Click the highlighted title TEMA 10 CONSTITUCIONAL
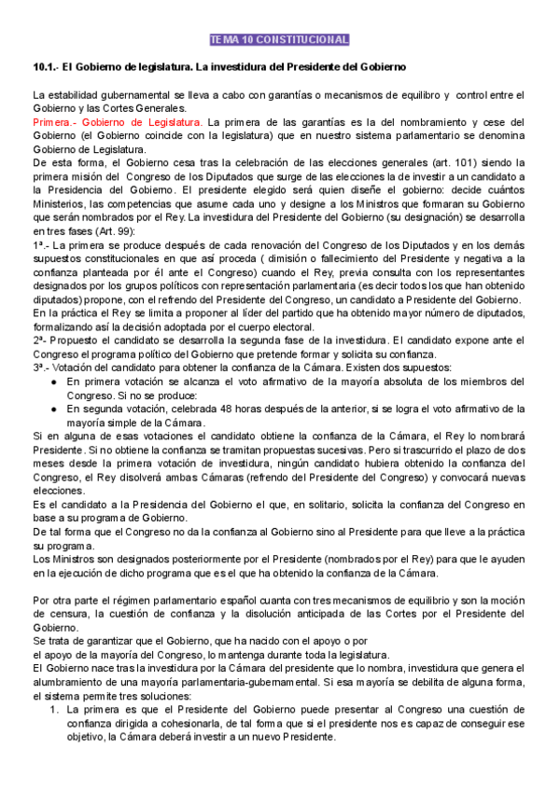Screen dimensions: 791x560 (x=279, y=40)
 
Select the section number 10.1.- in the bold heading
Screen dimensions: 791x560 (x=46, y=68)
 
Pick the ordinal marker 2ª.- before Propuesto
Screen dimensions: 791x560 (x=43, y=340)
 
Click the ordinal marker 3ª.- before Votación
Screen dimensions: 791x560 (x=43, y=368)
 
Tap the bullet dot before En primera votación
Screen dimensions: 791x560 (x=55, y=382)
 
